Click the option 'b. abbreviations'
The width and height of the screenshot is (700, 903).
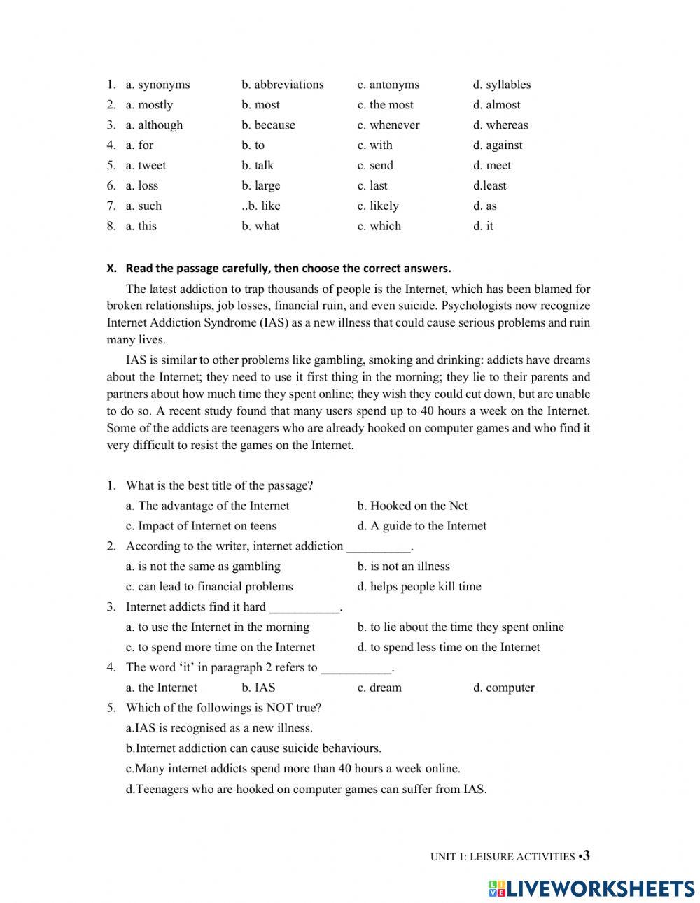coord(283,85)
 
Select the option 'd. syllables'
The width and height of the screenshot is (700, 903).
coord(501,85)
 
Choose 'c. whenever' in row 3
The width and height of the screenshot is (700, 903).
coord(388,125)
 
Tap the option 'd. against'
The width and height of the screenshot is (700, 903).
coord(497,145)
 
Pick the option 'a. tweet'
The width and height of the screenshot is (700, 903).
coord(146,166)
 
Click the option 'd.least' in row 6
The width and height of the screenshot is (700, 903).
coord(489,186)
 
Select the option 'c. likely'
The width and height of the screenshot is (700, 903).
coord(378,206)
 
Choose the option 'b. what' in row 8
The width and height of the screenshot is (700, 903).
coord(260,227)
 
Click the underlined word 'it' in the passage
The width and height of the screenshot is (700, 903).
coord(300,378)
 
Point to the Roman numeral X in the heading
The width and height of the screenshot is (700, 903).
coord(111,269)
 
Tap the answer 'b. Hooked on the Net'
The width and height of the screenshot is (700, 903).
coord(412,506)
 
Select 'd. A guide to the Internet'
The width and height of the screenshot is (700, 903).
coord(421,526)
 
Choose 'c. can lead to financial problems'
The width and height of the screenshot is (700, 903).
coord(209,587)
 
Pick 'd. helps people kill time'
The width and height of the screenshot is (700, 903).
coord(419,587)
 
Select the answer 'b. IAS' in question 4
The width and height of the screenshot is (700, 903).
coord(258,688)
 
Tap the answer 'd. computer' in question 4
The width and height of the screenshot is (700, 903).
coord(503,688)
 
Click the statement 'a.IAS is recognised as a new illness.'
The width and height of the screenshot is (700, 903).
coord(219,728)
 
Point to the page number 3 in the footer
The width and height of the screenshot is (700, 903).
coord(586,855)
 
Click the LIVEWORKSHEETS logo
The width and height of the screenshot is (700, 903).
coord(591,888)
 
